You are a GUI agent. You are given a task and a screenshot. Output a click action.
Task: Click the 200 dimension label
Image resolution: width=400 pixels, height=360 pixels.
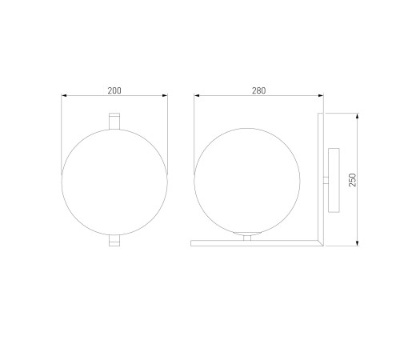pos(114,90)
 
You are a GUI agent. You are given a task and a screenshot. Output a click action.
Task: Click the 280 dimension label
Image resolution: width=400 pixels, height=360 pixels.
pos(258,90)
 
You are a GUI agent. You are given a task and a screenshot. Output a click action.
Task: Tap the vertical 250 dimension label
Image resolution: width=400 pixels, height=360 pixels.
pos(353,180)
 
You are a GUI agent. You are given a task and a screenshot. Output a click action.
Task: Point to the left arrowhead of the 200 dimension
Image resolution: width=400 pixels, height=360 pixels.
pos(64,95)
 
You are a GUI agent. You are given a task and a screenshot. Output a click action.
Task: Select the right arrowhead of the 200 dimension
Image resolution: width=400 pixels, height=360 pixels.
pos(165,95)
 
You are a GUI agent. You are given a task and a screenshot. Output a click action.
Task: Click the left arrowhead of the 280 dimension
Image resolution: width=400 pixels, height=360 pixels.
pos(197,95)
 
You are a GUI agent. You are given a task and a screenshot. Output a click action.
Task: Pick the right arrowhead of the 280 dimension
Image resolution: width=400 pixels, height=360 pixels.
pos(321,95)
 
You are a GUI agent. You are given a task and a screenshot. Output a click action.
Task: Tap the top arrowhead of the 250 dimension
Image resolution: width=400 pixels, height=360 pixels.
pos(358,116)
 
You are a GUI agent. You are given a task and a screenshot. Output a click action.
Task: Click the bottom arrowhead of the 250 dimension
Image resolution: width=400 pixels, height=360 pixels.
pos(358,243)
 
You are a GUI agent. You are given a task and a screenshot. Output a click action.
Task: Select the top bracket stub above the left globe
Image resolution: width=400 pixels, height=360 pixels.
pos(114,122)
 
